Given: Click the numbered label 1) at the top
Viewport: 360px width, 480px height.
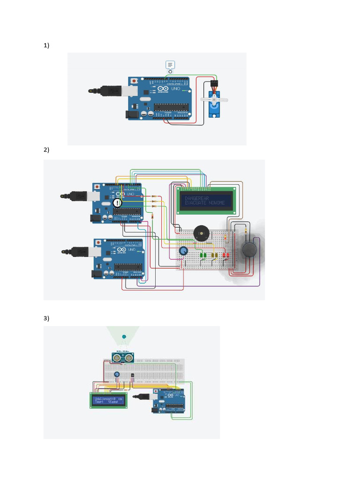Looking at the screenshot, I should tap(46, 45).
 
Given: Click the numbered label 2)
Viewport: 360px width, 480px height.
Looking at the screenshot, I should tap(46, 150).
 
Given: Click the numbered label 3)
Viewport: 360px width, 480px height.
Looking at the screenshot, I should tap(46, 318).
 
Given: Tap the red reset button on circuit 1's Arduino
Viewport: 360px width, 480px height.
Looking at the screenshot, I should tap(135, 80).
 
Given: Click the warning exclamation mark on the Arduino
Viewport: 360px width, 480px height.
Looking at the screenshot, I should tap(117, 203).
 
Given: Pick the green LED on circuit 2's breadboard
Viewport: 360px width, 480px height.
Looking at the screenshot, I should tap(203, 255).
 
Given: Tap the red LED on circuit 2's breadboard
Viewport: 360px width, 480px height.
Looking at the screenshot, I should tap(226, 255).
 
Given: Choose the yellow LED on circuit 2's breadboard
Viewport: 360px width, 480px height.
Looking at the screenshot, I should tap(215, 255).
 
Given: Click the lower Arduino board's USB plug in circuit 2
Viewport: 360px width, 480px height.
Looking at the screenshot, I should tap(76, 252).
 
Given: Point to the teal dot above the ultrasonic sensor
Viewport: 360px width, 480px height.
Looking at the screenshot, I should tap(124, 337).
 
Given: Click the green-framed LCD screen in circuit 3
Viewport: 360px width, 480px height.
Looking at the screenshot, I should tap(108, 400).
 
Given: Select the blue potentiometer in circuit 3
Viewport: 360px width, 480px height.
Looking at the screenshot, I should tap(116, 374).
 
